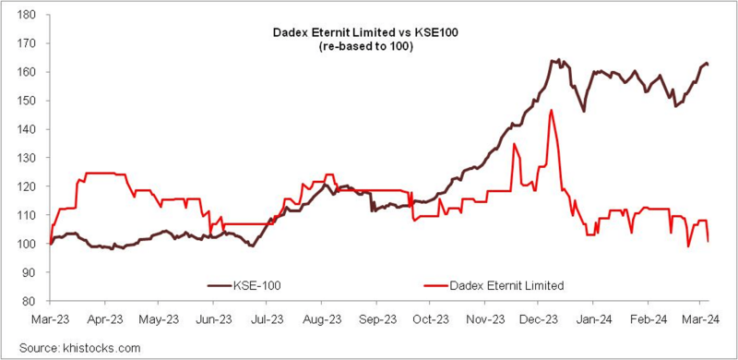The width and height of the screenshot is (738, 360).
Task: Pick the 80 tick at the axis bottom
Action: [29, 301]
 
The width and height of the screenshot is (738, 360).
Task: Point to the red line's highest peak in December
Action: [551, 111]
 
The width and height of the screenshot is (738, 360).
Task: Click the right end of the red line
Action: [708, 241]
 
